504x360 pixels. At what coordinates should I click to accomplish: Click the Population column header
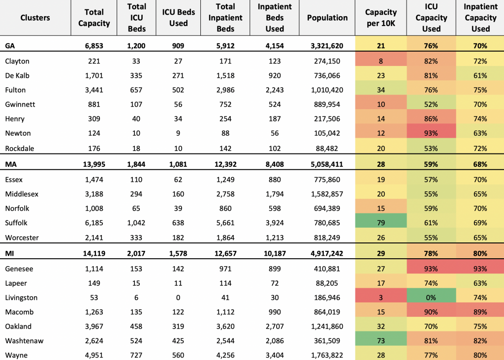[327, 18]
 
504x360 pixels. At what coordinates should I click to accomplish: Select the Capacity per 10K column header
[381, 18]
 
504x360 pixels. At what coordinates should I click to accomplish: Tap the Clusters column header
[35, 18]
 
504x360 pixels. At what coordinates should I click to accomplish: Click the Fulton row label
[15, 90]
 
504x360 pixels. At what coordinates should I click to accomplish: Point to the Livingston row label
[21, 298]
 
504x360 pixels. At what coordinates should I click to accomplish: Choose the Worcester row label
[22, 238]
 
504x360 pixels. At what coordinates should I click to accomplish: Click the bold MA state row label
[11, 164]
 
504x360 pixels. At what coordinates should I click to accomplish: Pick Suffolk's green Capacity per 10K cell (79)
[381, 223]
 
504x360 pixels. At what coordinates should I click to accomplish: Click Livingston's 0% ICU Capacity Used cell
[431, 298]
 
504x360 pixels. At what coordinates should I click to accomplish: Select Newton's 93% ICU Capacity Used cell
[431, 133]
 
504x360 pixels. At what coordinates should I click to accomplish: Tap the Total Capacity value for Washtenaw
[94, 341]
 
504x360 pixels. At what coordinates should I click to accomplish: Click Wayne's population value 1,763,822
[327, 355]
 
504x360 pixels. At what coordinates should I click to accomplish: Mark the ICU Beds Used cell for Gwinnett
[178, 104]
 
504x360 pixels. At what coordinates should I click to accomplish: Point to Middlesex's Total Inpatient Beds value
[225, 194]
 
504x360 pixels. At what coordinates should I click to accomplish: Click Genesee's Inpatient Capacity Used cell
[480, 269]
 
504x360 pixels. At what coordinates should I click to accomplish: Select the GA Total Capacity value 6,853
[94, 46]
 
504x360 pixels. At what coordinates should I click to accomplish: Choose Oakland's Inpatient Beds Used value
[275, 326]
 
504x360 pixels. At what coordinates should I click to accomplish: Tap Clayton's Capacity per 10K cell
[381, 61]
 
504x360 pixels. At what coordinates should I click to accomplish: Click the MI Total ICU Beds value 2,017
[136, 253]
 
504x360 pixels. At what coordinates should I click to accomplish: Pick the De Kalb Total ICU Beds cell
[136, 75]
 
